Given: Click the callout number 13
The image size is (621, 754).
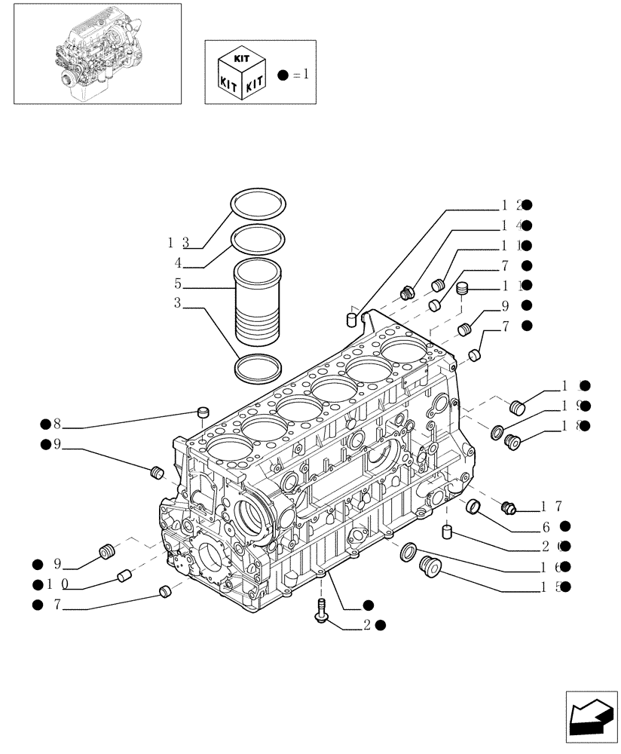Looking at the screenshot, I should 178,242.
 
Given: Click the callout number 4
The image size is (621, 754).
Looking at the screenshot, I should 178,263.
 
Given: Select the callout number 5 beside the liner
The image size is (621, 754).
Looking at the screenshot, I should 178,285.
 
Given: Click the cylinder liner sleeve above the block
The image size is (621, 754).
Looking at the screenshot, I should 259,302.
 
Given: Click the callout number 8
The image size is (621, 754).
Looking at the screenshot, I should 55,424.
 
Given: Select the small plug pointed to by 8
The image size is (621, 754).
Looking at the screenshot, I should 201,411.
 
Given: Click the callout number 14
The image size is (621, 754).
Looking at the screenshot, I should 510,225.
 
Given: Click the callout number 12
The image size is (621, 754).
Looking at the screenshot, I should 510,204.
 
